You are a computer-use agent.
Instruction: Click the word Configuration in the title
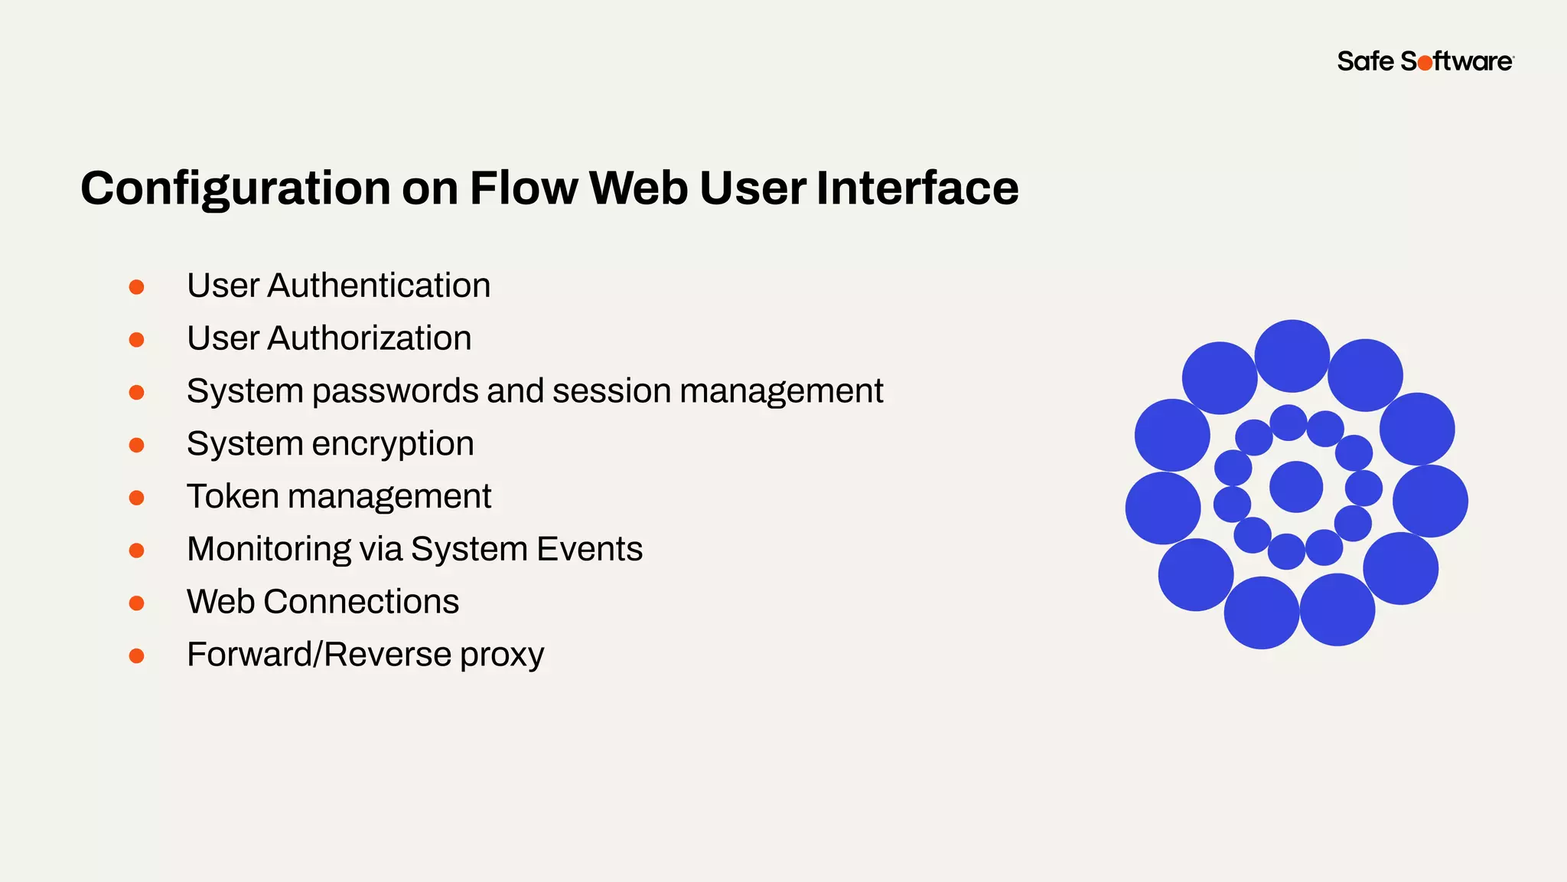click(236, 188)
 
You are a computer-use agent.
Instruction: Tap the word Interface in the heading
click(917, 188)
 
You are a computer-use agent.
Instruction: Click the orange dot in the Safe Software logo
click(1425, 64)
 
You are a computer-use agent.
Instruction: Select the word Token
click(233, 496)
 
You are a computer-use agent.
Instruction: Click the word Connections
click(361, 602)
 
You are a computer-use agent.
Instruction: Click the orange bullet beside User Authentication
click(137, 287)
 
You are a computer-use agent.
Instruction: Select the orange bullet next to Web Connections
click(137, 603)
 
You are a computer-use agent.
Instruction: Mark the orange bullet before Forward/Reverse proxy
click(137, 656)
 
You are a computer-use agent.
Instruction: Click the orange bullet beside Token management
click(137, 498)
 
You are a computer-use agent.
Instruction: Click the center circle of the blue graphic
click(1295, 487)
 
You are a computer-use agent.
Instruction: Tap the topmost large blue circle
click(1292, 356)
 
